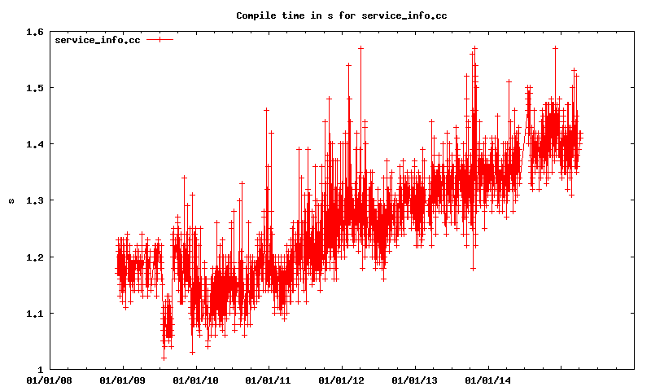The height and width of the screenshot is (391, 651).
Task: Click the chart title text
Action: click(342, 15)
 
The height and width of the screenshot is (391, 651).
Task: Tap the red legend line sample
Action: click(160, 40)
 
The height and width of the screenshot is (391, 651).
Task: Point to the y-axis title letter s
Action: click(11, 200)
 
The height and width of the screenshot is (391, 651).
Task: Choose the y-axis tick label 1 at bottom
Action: click(40, 370)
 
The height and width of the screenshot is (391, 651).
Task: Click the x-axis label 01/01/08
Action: click(49, 380)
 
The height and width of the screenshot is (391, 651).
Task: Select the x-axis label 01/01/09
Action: click(122, 380)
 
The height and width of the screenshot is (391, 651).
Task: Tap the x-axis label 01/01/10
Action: click(195, 380)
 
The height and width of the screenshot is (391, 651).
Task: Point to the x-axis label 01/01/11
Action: click(269, 380)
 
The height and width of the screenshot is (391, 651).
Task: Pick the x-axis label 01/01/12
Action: click(342, 380)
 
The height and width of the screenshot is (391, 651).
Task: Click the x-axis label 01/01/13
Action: click(415, 380)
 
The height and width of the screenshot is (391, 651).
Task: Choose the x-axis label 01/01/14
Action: click(488, 380)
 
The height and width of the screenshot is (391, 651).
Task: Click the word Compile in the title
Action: click(256, 15)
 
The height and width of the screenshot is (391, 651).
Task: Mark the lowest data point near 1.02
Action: click(164, 358)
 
